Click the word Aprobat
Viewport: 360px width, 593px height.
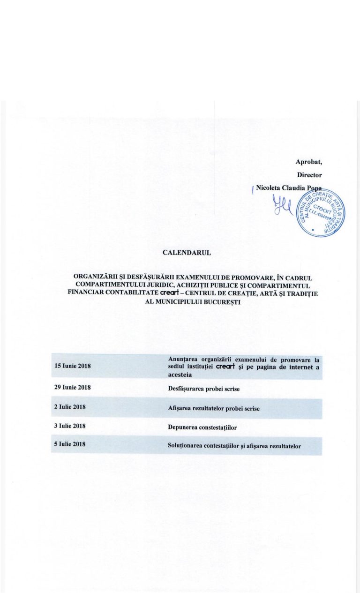pyautogui.click(x=308, y=162)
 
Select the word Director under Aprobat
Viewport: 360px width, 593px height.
pyautogui.click(x=309, y=175)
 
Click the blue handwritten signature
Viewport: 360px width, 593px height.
pyautogui.click(x=283, y=205)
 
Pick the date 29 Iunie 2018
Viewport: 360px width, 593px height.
pyautogui.click(x=72, y=387)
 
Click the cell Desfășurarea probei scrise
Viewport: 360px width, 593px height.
pyautogui.click(x=203, y=388)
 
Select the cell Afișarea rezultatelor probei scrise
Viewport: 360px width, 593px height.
pyautogui.click(x=213, y=408)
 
